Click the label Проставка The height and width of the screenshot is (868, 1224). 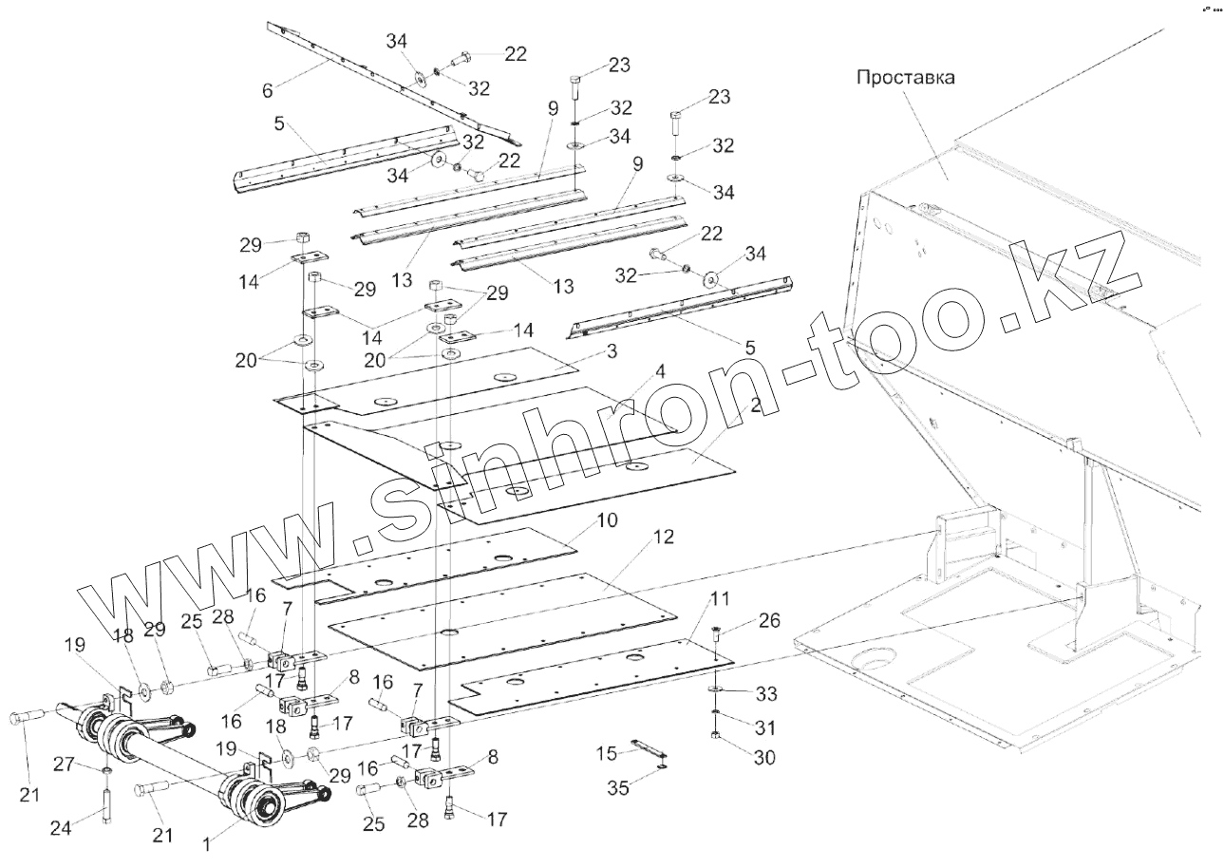click(x=906, y=77)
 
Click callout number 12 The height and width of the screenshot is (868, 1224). click(x=662, y=538)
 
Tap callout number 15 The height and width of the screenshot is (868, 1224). click(x=607, y=753)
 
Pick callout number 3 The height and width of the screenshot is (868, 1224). click(x=612, y=351)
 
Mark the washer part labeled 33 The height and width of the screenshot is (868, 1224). click(x=712, y=687)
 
